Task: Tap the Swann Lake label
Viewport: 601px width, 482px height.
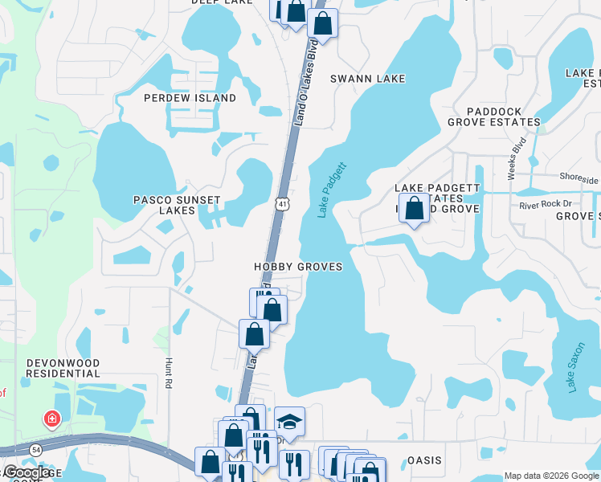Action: click(368, 79)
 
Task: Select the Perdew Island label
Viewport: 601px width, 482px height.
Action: click(190, 98)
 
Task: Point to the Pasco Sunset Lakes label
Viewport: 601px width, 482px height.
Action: click(165, 204)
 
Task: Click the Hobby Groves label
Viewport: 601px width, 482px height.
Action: click(298, 267)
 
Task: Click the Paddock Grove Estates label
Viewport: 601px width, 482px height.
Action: click(493, 117)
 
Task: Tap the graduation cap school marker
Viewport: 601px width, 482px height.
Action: click(289, 420)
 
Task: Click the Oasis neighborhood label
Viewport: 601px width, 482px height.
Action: click(424, 460)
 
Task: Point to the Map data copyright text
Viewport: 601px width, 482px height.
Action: click(550, 475)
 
